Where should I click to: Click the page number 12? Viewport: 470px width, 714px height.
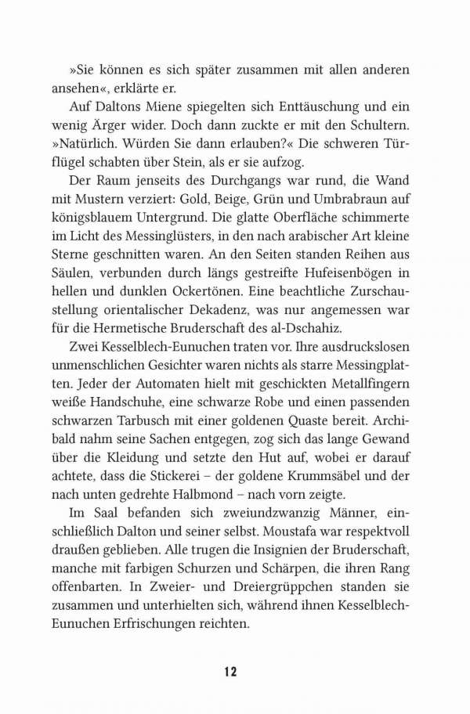coord(230,671)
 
